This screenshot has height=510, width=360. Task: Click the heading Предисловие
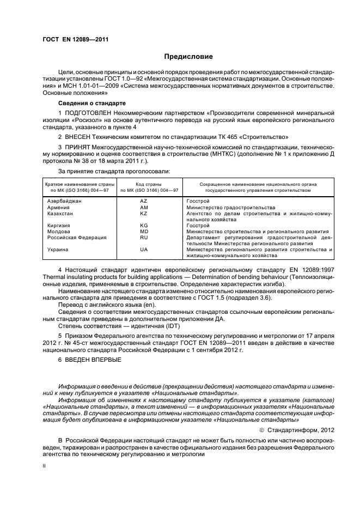click(x=189, y=57)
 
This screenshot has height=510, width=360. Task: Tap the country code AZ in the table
click(x=144, y=201)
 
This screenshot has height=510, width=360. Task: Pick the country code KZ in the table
click(x=144, y=214)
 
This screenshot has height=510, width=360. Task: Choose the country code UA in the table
click(x=144, y=249)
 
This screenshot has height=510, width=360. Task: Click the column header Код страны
click(x=144, y=184)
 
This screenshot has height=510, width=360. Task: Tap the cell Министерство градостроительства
click(x=230, y=208)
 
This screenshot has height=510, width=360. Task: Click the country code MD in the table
click(x=144, y=231)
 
